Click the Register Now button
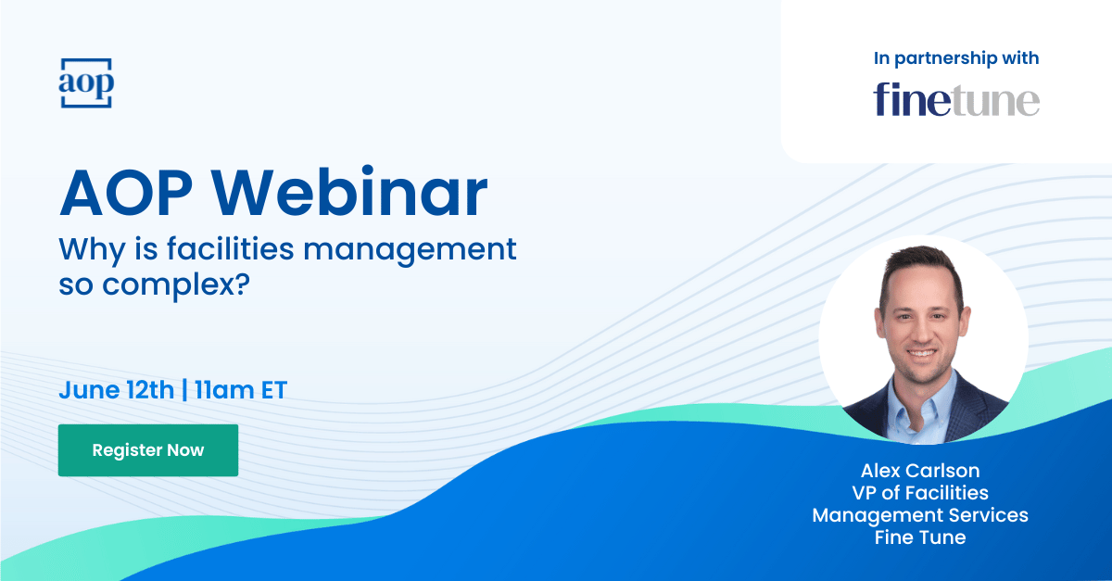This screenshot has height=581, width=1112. [x=148, y=450]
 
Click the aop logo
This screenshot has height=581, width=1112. [x=86, y=82]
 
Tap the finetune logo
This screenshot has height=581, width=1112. [x=956, y=100]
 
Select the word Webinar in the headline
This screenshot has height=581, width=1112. [x=349, y=193]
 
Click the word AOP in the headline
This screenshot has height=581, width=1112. [x=126, y=193]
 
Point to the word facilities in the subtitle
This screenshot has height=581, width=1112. [x=231, y=248]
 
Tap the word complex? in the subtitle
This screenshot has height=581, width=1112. [x=176, y=285]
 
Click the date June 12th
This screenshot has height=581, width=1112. [x=117, y=390]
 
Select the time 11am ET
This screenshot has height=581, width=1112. [x=241, y=390]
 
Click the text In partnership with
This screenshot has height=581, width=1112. [x=956, y=58]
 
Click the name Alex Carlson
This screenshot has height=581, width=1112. [x=920, y=470]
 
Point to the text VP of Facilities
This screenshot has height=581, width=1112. [x=920, y=493]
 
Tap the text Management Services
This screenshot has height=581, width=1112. [x=920, y=515]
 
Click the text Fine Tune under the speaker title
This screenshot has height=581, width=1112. [x=920, y=537]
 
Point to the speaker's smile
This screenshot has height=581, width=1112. [x=921, y=353]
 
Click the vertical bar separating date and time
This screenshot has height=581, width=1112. [x=184, y=390]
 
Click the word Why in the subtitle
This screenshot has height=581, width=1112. [x=93, y=249]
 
